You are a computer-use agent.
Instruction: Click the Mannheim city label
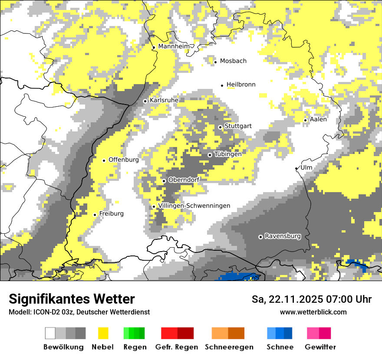point(174,46)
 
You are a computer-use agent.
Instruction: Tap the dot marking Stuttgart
point(221,127)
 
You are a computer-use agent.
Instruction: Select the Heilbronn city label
point(241,85)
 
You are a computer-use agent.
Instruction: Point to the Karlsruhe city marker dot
point(145,101)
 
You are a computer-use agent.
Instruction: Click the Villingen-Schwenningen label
point(194,206)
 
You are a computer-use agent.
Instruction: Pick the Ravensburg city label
point(283,236)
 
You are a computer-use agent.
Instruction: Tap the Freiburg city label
point(111,214)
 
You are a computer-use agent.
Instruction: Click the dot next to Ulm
point(296,168)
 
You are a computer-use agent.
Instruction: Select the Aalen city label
point(318,119)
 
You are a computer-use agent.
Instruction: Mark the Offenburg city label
point(123,160)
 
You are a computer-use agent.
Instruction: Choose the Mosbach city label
point(233,61)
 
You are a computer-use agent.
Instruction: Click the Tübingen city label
point(228,154)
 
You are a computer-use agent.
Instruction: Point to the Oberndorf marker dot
point(164,181)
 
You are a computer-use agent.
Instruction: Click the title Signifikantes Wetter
point(72,299)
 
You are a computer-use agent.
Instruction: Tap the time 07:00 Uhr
point(345,299)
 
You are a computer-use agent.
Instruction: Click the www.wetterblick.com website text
point(313,312)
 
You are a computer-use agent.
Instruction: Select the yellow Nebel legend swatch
point(103,333)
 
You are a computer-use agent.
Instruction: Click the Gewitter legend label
point(320,347)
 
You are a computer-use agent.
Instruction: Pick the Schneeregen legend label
point(229,347)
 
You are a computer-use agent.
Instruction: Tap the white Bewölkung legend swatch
point(50,333)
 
